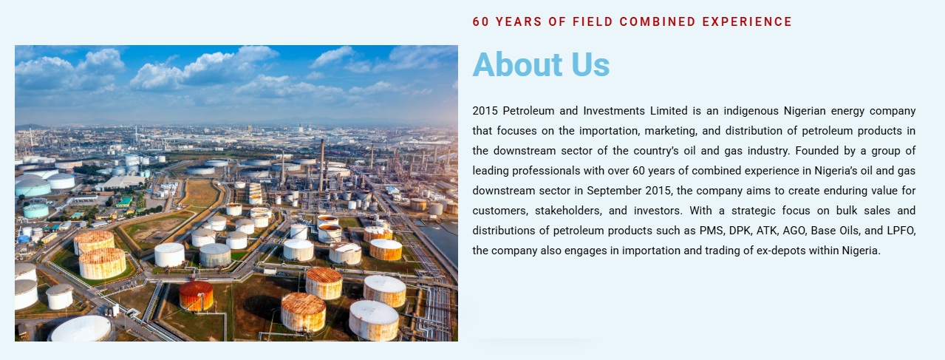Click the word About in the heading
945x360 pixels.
517,64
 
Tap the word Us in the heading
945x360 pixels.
590,64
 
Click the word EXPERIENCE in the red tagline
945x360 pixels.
747,22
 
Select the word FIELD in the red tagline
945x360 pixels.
593,22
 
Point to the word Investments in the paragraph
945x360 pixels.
614,111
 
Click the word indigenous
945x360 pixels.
751,112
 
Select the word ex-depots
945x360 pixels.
780,251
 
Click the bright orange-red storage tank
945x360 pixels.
196,296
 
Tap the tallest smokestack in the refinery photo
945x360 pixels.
321,166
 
